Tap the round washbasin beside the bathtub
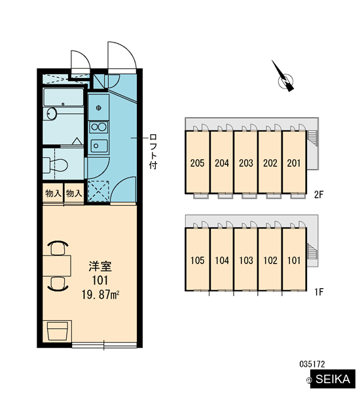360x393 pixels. pos(52,114)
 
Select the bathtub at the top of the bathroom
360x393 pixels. pos(63,97)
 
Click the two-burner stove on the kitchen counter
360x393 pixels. pos(99,127)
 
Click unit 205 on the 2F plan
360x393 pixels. pos(197,162)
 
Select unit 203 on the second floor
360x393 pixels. pos(245,162)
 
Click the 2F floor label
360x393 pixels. pos(319,195)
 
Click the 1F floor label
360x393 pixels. pos(319,291)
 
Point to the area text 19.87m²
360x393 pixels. pos(100,295)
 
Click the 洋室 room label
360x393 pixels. pos(100,267)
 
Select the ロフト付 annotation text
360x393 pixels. pos(153,151)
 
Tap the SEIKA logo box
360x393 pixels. pos(333,379)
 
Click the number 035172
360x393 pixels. pos(312,364)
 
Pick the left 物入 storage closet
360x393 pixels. pos(53,193)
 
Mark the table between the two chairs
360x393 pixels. pos(56,266)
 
